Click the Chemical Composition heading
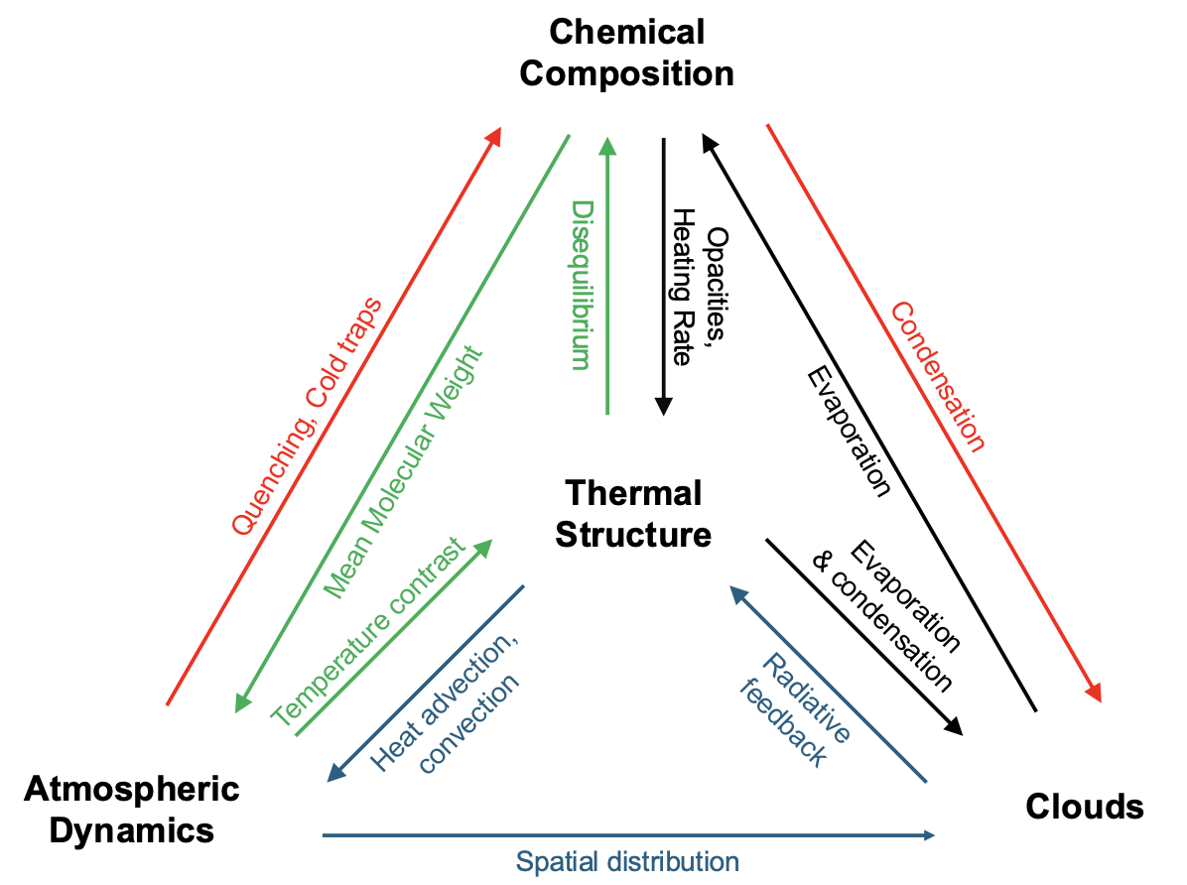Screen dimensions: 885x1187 tap(626, 53)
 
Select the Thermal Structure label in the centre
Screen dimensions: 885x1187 tap(633, 513)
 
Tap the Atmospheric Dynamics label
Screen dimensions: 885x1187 tap(132, 809)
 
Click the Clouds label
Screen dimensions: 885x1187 tap(1084, 807)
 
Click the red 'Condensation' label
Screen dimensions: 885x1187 tap(937, 376)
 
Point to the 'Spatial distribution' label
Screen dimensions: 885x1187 tap(627, 860)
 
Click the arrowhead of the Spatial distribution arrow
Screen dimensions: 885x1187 tap(929, 835)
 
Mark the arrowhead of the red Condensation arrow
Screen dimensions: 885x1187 tap(1096, 694)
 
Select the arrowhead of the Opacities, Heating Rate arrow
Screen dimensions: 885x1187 tap(663, 407)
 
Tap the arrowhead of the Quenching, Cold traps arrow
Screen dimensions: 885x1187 tap(493, 137)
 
